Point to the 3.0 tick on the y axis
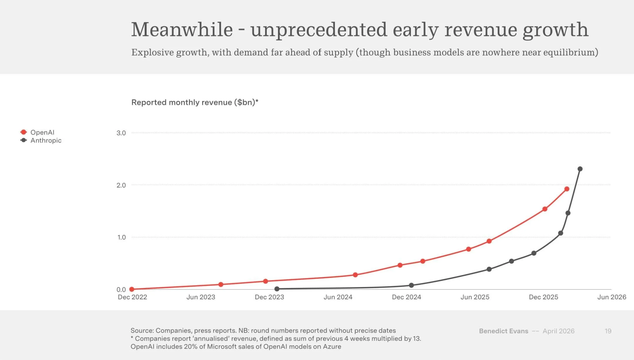pos(121,133)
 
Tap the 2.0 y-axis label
pos(121,185)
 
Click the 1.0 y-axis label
pos(121,237)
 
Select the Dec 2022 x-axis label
pos(132,297)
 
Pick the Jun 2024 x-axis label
pos(338,297)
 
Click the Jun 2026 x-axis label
pos(612,297)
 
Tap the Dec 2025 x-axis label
pos(543,297)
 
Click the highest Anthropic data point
pos(580,169)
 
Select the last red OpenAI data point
pos(567,189)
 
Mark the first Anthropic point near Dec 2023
pos(277,289)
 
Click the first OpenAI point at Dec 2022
pos(132,289)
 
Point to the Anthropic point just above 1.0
pos(561,233)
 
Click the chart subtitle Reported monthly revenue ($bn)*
pos(195,102)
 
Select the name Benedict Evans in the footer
pos(503,331)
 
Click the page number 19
pos(608,331)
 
